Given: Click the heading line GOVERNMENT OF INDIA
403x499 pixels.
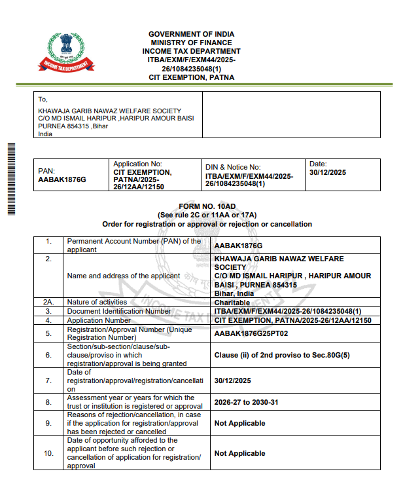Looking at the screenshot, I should (x=191, y=34).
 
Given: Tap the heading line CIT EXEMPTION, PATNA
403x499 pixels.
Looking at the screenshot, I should (x=191, y=77).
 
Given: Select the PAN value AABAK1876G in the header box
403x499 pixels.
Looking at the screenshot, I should (x=62, y=179).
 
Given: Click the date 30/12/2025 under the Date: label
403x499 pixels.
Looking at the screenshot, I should (x=327, y=172).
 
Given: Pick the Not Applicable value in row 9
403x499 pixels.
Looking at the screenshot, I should (x=239, y=423).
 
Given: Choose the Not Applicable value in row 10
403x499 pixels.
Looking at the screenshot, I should (x=239, y=453).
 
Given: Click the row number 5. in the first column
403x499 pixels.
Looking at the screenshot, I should (x=48, y=333).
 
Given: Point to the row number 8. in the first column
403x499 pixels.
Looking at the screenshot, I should (x=48, y=401).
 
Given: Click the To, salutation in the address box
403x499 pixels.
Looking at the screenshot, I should (x=43, y=100).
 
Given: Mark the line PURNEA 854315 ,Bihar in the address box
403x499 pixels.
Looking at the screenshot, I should (x=73, y=126).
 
